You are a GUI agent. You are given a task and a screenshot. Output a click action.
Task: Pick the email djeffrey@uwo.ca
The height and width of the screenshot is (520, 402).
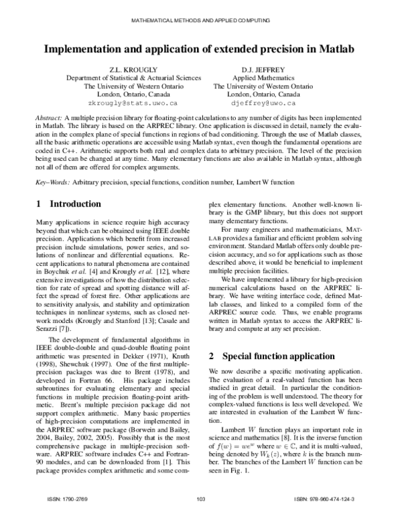[x=262, y=104]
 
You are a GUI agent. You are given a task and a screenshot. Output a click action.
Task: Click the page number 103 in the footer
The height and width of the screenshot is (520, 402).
[x=200, y=500]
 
